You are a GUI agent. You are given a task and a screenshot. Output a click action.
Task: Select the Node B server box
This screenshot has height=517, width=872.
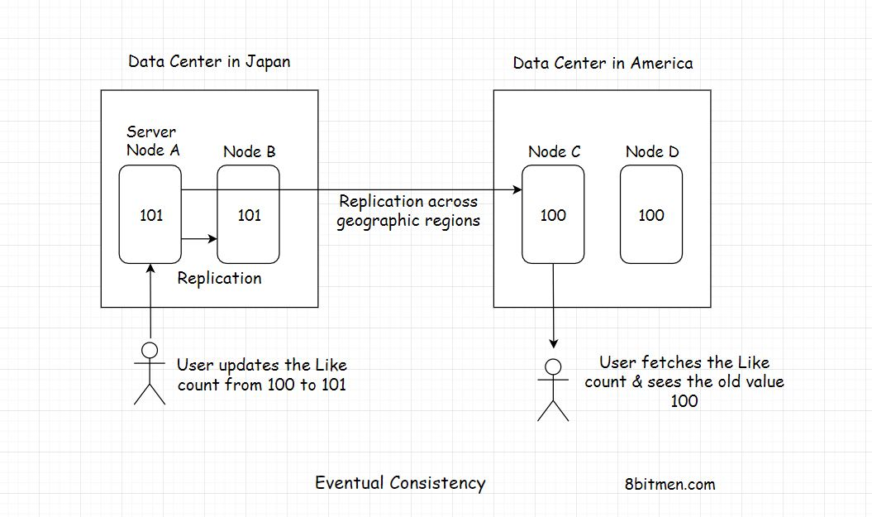(x=249, y=240)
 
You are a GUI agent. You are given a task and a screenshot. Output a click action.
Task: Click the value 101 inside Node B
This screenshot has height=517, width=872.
(x=249, y=215)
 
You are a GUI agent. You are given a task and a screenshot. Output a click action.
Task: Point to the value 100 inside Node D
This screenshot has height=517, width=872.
(x=651, y=215)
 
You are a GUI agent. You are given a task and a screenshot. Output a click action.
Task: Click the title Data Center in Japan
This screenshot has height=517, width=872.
(x=209, y=62)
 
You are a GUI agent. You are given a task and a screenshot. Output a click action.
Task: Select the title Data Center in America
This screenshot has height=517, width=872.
(x=603, y=64)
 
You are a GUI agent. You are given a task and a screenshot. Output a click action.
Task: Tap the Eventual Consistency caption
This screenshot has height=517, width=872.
(x=400, y=483)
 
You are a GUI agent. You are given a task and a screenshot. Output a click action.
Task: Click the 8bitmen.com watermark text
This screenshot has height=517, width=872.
(x=670, y=485)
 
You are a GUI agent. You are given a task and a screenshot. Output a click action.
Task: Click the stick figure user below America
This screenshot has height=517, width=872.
(x=553, y=390)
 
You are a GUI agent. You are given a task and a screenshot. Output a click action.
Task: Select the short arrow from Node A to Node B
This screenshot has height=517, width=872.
(x=198, y=239)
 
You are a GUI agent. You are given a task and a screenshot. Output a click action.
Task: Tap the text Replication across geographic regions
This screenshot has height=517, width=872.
(x=408, y=211)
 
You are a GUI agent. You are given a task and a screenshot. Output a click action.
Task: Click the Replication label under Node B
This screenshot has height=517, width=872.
(x=219, y=279)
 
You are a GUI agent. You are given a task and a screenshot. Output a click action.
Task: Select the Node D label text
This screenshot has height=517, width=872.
(x=651, y=151)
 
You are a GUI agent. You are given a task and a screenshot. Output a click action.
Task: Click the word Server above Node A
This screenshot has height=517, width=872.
(x=150, y=132)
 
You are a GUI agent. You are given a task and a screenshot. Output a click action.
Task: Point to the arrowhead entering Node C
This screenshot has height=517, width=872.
(x=517, y=190)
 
